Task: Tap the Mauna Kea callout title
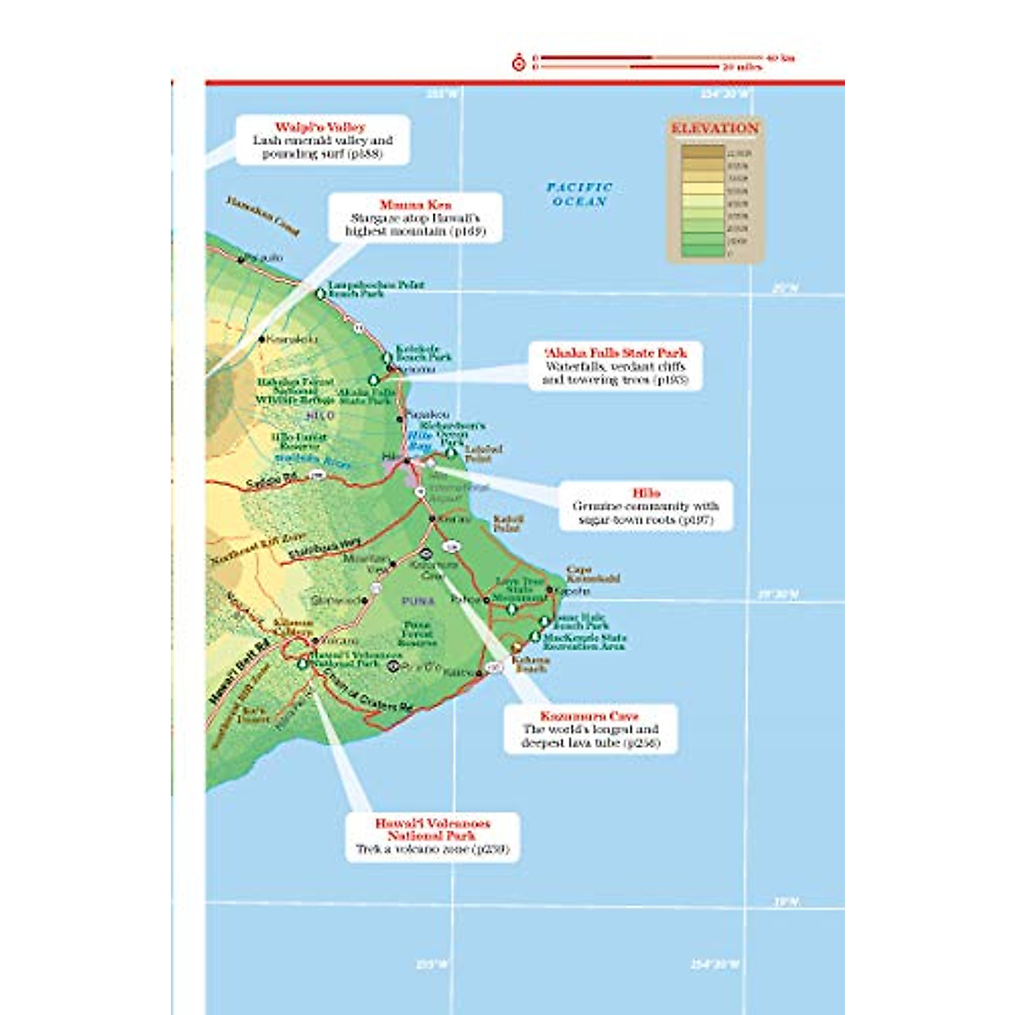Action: tap(415, 205)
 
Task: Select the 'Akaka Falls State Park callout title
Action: tap(615, 353)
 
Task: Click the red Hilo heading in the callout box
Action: tap(646, 493)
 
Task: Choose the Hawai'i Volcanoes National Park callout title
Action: tap(432, 829)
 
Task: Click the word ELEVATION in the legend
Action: tap(715, 129)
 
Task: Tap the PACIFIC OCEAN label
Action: tap(579, 195)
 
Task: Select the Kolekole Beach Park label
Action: tap(423, 353)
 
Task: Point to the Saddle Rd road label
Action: tap(272, 480)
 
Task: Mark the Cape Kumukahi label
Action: tap(592, 574)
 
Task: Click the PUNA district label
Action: tap(419, 601)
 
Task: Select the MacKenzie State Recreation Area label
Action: tap(584, 642)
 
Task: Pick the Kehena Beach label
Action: tap(530, 664)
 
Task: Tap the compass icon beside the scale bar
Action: tap(518, 63)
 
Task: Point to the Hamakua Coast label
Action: tap(262, 216)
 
